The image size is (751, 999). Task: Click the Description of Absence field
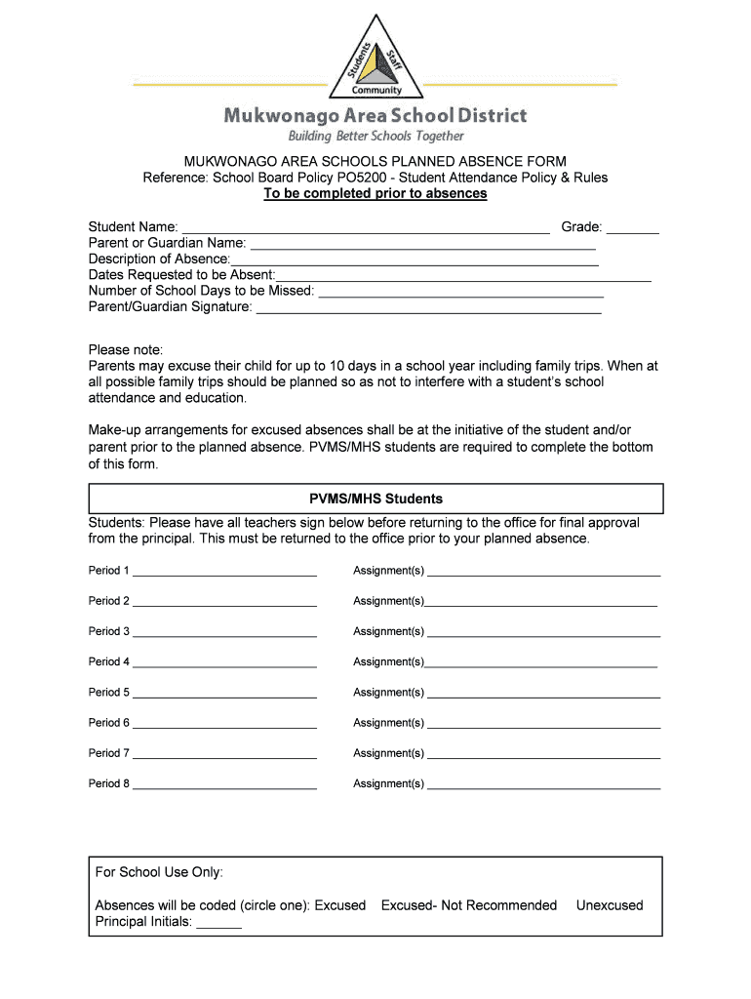415,261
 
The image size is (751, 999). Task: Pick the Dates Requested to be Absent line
463,277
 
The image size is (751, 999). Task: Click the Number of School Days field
461,293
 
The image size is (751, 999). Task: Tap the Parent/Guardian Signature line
428,309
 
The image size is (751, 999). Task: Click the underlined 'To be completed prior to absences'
375,193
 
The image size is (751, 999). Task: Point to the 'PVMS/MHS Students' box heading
376,499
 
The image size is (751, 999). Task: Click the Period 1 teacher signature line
225,573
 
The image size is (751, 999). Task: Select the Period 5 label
108,693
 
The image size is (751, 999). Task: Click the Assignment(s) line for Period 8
544,785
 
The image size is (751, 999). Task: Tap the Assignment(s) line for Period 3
544,633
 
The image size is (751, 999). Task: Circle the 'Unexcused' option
610,905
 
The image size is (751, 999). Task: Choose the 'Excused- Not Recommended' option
469,905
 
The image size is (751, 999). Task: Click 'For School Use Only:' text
159,872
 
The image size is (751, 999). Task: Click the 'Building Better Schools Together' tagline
375,136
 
